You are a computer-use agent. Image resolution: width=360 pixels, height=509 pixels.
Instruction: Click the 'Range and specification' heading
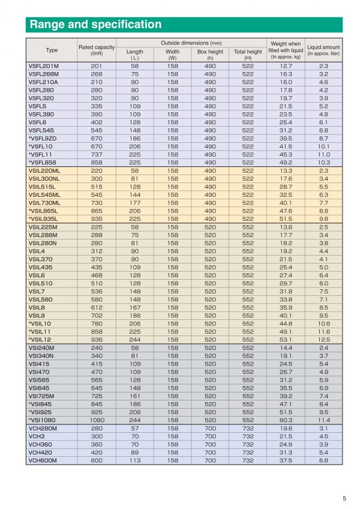(x=96, y=25)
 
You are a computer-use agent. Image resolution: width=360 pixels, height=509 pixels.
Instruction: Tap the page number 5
(x=344, y=498)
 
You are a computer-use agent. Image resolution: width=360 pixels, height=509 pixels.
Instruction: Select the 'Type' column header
(x=52, y=50)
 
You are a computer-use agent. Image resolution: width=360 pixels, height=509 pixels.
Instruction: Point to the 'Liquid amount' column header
(x=323, y=50)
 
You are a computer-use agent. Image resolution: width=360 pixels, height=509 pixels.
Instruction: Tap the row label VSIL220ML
(x=44, y=170)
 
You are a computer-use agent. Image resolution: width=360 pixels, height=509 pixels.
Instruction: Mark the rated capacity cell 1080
(x=97, y=420)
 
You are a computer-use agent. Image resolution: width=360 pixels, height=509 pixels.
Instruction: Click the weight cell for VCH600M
(x=286, y=460)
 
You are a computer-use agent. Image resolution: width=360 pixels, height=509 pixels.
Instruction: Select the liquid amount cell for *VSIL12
(x=323, y=340)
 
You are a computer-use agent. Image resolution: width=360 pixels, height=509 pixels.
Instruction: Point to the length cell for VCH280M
(x=135, y=429)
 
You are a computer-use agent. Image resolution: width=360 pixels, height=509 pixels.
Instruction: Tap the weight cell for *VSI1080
(x=286, y=420)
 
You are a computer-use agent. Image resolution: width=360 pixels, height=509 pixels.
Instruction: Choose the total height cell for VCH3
(x=248, y=436)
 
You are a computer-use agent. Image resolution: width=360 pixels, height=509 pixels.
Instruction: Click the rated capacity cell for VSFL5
(x=97, y=106)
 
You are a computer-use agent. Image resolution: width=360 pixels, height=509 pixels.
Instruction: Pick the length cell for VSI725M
(x=135, y=396)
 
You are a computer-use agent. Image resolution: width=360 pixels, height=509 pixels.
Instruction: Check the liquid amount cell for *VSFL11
(x=323, y=154)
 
